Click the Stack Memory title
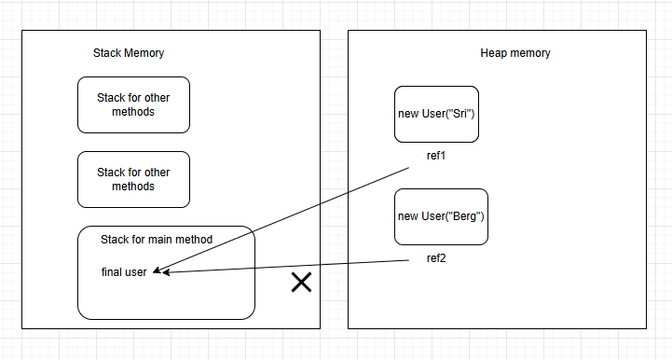pos(129,53)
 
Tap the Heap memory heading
pos(509,53)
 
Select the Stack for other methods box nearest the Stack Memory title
pos(133,104)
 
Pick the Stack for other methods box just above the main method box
pos(133,179)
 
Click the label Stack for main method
pos(157,240)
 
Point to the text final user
pos(124,271)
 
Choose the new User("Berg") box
pos(441,216)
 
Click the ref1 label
pos(436,156)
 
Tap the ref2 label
pos(436,258)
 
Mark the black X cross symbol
pos(301,283)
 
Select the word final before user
pos(112,271)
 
